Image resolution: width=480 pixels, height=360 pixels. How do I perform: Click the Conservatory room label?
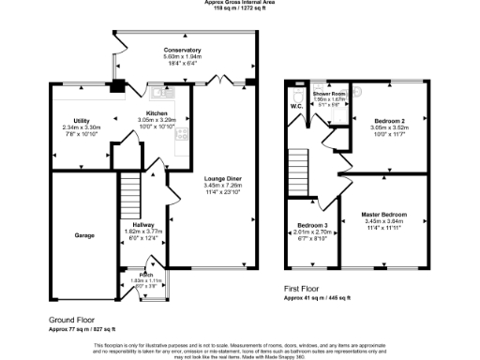click(x=182, y=50)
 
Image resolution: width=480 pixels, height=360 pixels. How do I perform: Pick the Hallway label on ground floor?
click(x=144, y=225)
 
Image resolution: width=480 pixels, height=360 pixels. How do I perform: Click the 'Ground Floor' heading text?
click(x=74, y=320)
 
